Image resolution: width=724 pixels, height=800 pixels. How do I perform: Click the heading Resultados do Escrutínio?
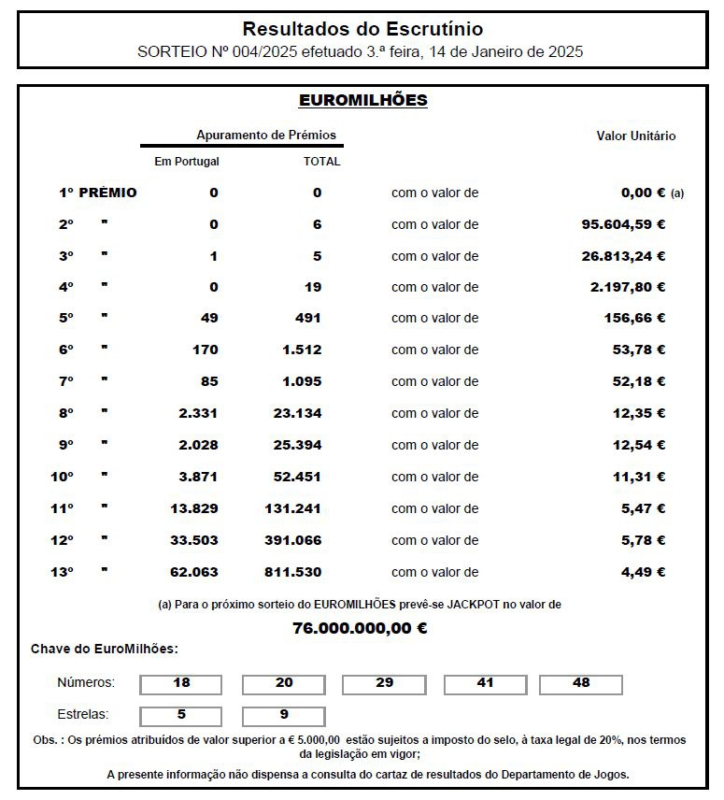(362, 30)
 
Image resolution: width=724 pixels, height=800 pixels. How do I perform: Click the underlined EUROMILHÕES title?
(362, 100)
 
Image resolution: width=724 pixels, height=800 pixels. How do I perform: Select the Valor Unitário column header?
(635, 136)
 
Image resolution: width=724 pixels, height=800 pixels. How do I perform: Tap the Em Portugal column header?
(187, 162)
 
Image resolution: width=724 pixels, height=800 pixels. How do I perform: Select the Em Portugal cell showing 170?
(204, 350)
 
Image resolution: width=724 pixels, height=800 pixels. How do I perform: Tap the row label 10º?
(62, 477)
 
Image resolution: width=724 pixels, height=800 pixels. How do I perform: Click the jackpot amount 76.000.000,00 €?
(361, 628)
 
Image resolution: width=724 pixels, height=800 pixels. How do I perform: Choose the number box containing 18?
(181, 684)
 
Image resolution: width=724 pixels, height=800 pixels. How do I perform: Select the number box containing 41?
(485, 684)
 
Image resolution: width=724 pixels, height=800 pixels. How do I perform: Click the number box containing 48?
(581, 684)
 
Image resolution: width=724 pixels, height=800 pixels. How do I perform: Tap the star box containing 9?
(284, 716)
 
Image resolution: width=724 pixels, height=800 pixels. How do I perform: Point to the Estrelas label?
(83, 715)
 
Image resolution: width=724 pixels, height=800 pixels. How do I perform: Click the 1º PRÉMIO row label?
(97, 193)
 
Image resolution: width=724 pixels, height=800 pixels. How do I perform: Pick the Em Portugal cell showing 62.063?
(197, 572)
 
